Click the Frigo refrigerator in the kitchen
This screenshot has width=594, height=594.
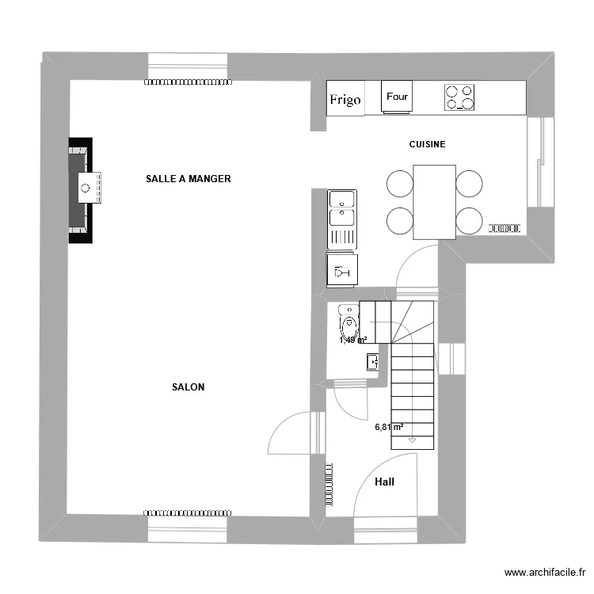pos(345,99)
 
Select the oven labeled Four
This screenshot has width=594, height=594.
pos(397,97)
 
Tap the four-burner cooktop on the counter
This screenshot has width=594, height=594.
pos(459,97)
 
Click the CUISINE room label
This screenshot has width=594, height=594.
pos(427,144)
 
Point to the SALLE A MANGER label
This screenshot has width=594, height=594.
pos(188,179)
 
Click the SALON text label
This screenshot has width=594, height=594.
pos(188,387)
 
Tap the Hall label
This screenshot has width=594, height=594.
pos(384,482)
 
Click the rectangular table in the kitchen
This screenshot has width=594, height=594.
pos(434,201)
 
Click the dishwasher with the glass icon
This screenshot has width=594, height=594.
pos(342,269)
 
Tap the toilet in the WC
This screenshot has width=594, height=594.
pos(348,320)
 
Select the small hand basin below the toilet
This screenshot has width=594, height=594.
pos(373,362)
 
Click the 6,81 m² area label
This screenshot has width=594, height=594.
pos(389,427)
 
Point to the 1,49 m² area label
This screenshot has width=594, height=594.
pos(353,341)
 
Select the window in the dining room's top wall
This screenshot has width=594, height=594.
pos(188,67)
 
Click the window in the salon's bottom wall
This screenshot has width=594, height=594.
pos(188,525)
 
